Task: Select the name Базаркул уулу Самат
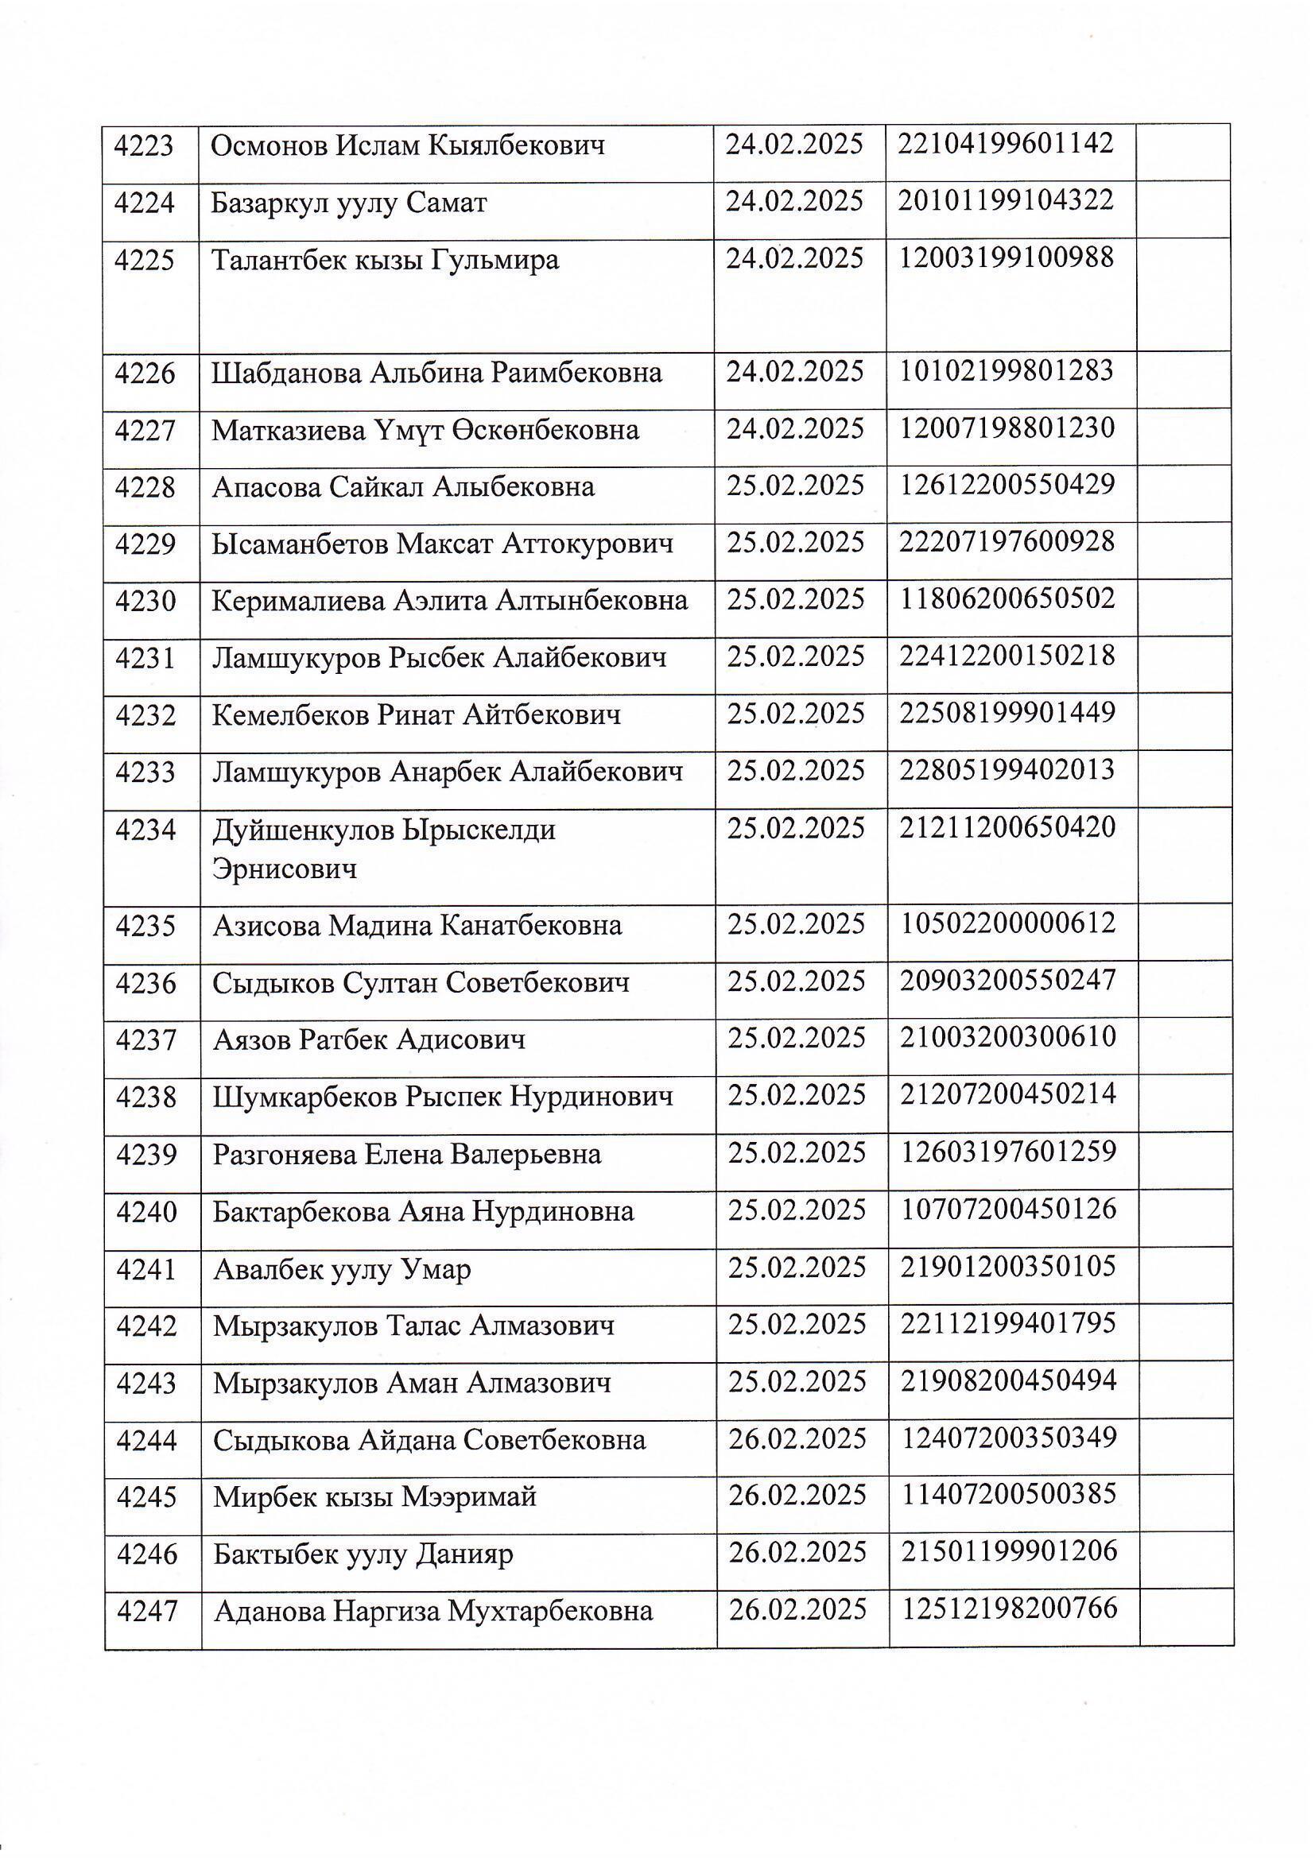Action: point(348,203)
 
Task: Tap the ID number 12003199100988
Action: point(1007,258)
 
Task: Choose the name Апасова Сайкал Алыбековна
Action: point(403,487)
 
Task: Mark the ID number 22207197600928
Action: point(1007,541)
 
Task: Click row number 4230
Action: point(145,602)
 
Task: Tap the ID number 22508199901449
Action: point(1007,713)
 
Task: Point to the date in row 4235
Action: point(796,924)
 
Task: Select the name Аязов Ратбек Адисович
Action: point(369,1039)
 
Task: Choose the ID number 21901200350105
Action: point(1008,1267)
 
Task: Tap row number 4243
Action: point(146,1383)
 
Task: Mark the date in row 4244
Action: point(797,1439)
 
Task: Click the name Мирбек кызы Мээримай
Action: point(375,1497)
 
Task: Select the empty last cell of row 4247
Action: point(1185,1611)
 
